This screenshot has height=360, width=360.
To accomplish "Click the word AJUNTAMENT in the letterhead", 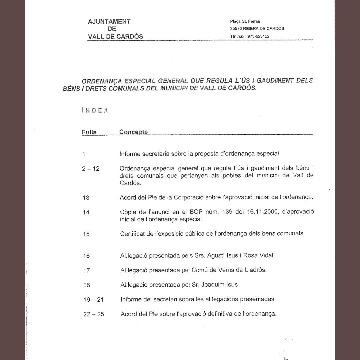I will point(109,22).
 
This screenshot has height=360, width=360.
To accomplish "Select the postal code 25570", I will point(236,29).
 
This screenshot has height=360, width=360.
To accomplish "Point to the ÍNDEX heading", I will point(95,110).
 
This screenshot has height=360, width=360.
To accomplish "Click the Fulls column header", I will point(89,132).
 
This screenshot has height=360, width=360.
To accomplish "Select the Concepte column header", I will point(133,132).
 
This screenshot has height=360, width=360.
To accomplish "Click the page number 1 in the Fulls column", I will point(84,154).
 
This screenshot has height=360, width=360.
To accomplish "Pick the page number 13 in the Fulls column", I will point(86,197).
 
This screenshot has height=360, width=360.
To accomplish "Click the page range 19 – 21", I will point(93,300).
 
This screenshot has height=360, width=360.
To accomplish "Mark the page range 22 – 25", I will point(93,314).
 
